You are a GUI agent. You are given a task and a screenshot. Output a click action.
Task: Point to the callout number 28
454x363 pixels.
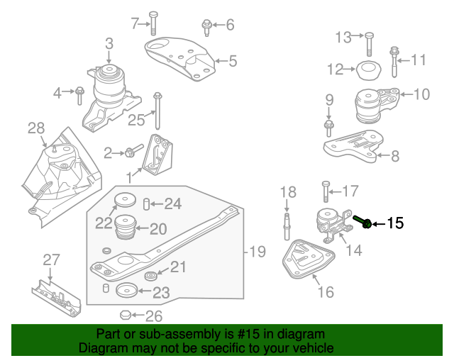[36, 128]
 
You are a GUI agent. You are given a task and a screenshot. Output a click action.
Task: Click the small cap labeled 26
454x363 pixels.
[125, 314]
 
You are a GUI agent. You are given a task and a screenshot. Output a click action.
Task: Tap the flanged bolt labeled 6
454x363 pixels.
[206, 27]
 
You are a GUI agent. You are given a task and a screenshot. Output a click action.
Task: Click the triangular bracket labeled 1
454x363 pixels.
[156, 155]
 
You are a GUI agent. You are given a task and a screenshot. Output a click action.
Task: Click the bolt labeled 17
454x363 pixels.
[326, 191]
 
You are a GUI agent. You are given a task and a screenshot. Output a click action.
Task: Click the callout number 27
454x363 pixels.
[50, 260]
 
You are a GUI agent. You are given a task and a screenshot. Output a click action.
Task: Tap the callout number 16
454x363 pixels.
[325, 291]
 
